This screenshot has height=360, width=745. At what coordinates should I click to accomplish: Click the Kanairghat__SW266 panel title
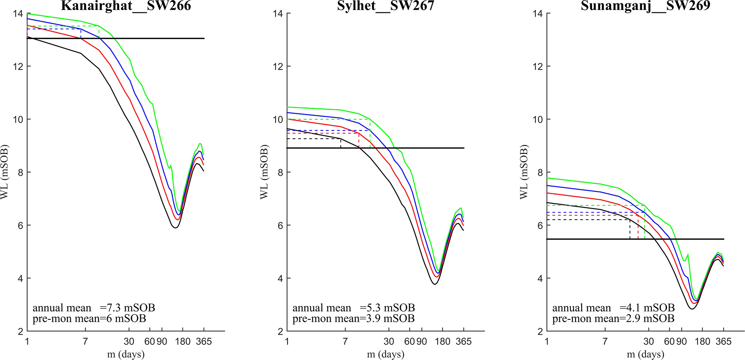point(126,6)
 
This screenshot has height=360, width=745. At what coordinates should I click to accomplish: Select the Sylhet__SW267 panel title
point(386,6)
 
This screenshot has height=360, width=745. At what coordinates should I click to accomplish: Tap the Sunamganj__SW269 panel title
point(645,6)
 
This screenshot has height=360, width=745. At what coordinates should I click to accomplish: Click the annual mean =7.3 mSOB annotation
point(94,308)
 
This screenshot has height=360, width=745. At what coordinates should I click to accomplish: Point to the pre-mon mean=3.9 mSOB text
point(353,319)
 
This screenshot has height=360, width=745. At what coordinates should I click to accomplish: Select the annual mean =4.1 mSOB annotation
point(613,308)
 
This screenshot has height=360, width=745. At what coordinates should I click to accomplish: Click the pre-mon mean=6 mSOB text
point(89,319)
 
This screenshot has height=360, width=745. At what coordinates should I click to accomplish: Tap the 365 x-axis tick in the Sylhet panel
point(464,341)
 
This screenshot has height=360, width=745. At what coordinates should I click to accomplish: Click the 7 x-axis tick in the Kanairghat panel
point(85,341)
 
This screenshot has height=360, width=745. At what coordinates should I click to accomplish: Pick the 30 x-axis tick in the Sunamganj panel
point(649,341)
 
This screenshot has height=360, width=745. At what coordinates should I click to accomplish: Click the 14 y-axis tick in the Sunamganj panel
point(539,14)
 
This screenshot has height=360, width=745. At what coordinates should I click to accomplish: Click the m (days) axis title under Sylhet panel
point(386,354)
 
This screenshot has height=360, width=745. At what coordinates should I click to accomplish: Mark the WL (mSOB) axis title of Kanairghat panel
point(4,172)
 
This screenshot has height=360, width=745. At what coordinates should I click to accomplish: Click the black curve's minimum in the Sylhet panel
point(435,284)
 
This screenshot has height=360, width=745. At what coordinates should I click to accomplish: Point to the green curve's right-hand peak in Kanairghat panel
point(200,144)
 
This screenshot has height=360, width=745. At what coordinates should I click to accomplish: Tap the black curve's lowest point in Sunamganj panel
point(692,309)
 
